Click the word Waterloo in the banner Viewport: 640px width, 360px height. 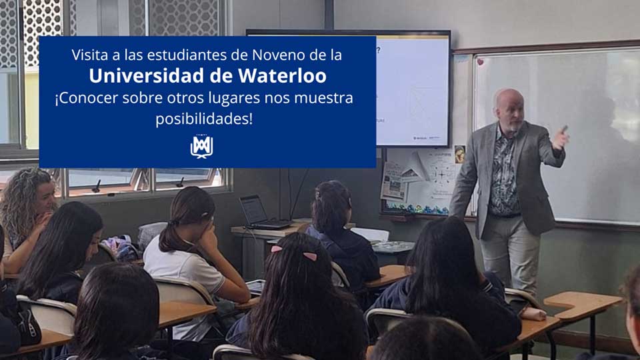[x=282, y=75]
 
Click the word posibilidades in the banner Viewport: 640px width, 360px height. [x=204, y=119]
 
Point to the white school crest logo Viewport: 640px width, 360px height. [x=201, y=146]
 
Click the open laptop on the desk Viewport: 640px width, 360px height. [x=261, y=213]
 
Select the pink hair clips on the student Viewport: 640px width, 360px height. [x=295, y=253]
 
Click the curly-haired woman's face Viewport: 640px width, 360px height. [x=45, y=199]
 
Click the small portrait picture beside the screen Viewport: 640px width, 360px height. [x=459, y=154]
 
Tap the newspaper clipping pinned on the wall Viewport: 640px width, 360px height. [x=393, y=181]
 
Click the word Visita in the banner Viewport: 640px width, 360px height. [x=86, y=55]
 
